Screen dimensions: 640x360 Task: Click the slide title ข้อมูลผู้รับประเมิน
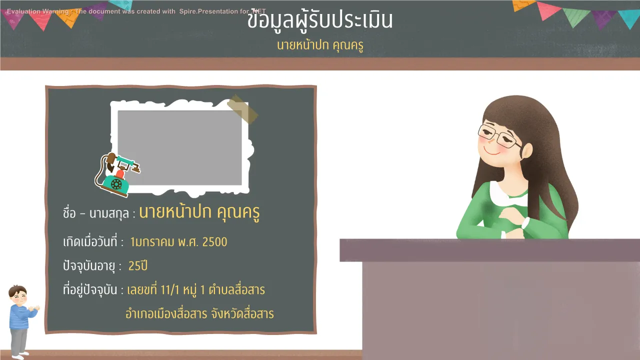point(320,20)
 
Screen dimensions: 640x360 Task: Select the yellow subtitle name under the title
point(320,45)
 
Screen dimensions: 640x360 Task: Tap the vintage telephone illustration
point(116,175)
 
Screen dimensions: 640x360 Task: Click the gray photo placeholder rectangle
point(179,147)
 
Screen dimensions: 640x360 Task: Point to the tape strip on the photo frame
point(243,109)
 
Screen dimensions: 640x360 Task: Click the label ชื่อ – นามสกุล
point(99,213)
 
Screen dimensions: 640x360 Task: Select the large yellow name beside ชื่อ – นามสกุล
point(199,212)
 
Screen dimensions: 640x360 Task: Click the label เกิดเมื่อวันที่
point(93,241)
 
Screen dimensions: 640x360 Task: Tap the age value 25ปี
point(138,265)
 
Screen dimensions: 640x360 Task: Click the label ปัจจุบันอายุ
point(92,266)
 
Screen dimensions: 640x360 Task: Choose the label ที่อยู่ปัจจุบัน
point(93,290)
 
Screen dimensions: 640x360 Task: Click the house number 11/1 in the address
point(169,290)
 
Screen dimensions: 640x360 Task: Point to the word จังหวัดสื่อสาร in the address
point(242,313)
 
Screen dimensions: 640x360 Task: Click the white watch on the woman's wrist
point(525,223)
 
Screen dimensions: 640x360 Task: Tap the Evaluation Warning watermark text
point(136,11)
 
